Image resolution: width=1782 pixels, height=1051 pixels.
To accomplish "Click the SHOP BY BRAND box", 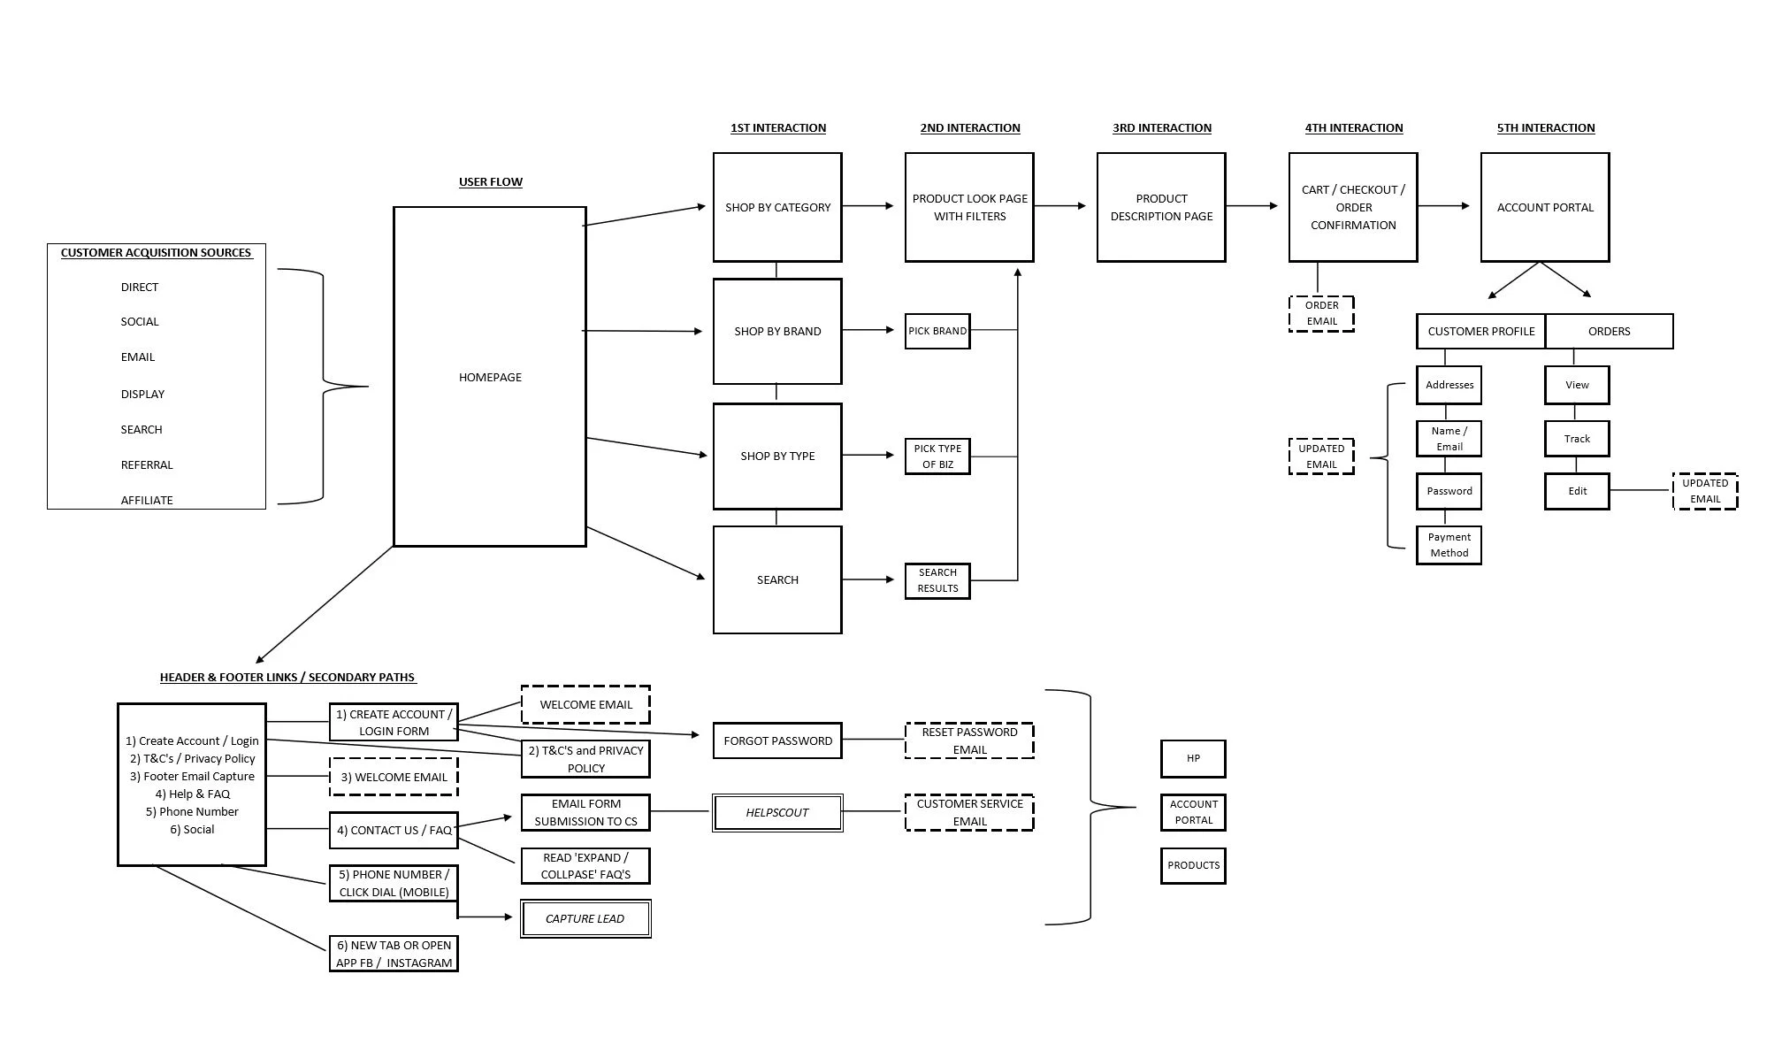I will click(777, 332).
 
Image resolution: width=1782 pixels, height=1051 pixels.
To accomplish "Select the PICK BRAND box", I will click(937, 331).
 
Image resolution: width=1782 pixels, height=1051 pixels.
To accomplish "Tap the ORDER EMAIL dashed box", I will click(1321, 313).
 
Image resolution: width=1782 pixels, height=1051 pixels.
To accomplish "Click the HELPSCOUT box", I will click(777, 812).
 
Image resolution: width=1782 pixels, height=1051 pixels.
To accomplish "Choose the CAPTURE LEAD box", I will click(585, 918).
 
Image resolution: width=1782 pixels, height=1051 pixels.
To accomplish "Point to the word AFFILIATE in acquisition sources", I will click(147, 500).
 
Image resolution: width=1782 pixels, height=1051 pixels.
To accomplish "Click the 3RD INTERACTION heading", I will click(1161, 128).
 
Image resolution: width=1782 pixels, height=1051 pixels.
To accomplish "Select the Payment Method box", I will click(1449, 545).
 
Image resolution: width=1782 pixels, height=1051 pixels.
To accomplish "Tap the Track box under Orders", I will click(1577, 439).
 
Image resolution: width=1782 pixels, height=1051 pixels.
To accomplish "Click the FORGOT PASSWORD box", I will click(777, 740).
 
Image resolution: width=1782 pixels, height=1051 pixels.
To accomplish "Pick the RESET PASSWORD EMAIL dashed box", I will click(969, 740).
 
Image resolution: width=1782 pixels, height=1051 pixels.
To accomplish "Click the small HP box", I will click(1193, 758).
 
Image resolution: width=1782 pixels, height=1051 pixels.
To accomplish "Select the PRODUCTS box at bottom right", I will click(1193, 865).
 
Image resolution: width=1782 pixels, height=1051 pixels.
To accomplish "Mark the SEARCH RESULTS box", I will click(937, 580).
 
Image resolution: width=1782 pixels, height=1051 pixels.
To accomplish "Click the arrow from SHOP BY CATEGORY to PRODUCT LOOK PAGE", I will click(868, 206).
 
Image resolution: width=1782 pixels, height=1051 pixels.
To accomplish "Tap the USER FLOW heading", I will click(490, 182).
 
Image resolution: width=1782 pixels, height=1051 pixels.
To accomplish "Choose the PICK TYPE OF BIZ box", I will click(937, 456).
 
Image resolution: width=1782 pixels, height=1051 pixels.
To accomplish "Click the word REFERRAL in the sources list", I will click(147, 464).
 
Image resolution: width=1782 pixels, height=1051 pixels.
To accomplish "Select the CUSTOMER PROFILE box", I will click(1480, 332).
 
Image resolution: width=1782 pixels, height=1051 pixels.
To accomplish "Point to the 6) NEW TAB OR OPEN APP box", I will click(394, 954).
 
